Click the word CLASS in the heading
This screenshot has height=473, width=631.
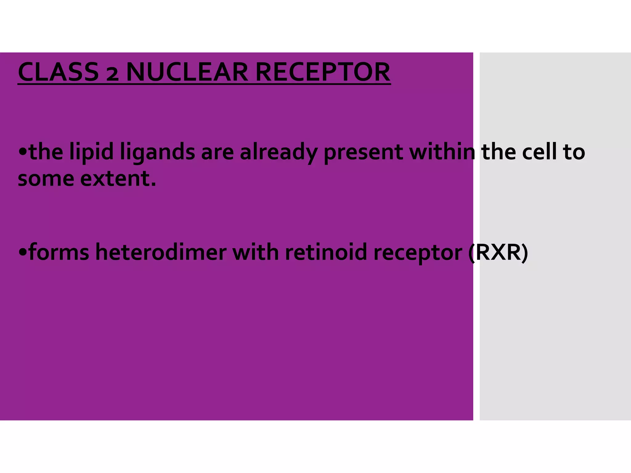(x=58, y=72)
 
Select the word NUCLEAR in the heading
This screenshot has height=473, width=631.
(x=187, y=72)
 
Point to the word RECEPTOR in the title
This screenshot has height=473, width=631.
(x=323, y=72)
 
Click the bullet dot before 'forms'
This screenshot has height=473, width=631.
(x=23, y=252)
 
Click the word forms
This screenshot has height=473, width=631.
(x=59, y=252)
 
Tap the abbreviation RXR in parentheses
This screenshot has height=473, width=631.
(x=498, y=252)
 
